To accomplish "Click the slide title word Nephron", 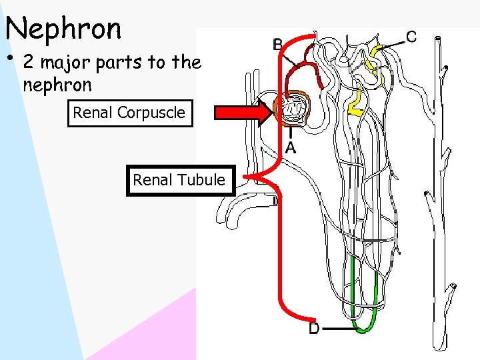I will coord(63,28).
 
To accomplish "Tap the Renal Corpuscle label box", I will coord(129,113).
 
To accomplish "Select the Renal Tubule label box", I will coord(179,180).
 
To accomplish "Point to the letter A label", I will coord(291,147).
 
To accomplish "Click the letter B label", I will coord(278,45).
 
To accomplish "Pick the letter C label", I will coord(411,36).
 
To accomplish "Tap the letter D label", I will coord(315,328).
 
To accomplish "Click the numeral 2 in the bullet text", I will coord(29,63).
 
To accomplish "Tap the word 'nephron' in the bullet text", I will coord(57,85).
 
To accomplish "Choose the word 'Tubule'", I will coord(205,180).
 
